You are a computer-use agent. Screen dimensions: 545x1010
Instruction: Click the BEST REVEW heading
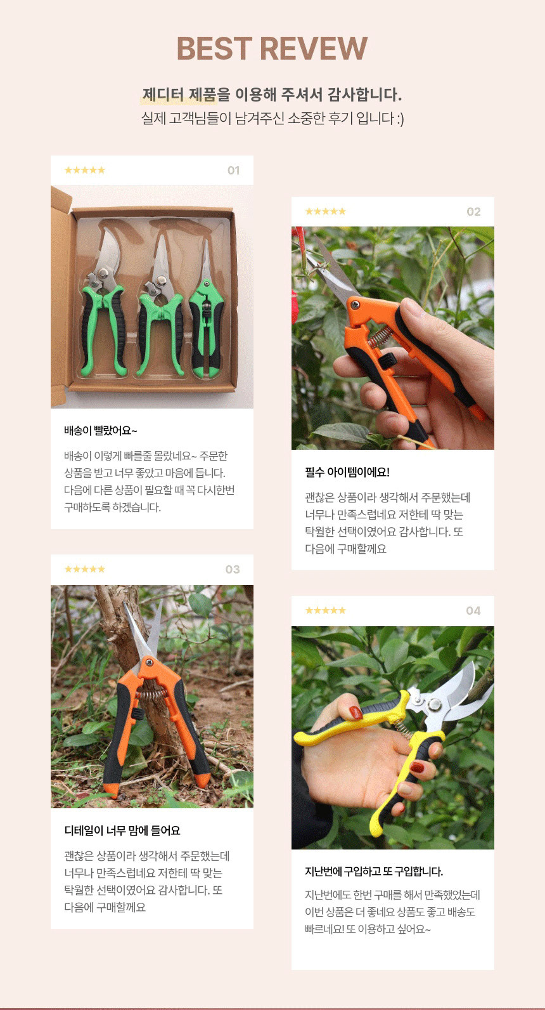tap(272, 48)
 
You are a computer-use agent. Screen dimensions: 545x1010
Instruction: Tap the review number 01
tap(233, 171)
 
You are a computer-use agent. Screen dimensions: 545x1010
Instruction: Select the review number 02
tap(473, 212)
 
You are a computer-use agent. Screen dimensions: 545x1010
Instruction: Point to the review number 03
tap(233, 570)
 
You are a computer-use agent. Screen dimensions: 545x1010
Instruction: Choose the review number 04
tap(473, 611)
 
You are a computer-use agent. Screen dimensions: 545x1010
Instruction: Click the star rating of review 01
tap(85, 170)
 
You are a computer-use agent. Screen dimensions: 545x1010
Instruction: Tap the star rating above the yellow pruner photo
tap(325, 610)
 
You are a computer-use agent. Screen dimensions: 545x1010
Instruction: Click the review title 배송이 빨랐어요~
tap(100, 431)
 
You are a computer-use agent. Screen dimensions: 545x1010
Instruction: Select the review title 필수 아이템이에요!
tap(347, 472)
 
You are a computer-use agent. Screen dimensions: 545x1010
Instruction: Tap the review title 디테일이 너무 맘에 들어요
tap(122, 830)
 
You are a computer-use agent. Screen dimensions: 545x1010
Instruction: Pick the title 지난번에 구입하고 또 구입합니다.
tap(374, 872)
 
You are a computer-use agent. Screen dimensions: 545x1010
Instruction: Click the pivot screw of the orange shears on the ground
tap(149, 662)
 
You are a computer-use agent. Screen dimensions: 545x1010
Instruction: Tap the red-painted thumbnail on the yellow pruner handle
tap(356, 712)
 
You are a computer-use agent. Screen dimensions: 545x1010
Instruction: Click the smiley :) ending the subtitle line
tap(399, 119)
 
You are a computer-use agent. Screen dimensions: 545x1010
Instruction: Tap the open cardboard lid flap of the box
tap(60, 298)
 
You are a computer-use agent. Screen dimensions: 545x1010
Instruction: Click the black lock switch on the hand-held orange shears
tap(387, 360)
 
